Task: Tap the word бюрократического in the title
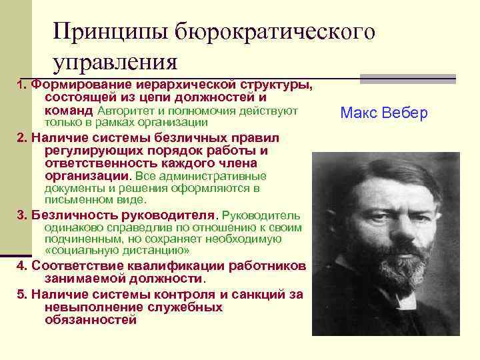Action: [x=274, y=31]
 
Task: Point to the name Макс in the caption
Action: [x=359, y=113]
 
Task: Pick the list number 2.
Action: [x=21, y=138]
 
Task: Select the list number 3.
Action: [x=21, y=216]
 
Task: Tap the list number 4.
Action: [x=21, y=266]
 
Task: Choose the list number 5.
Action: [x=21, y=294]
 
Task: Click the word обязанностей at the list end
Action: [x=91, y=319]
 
